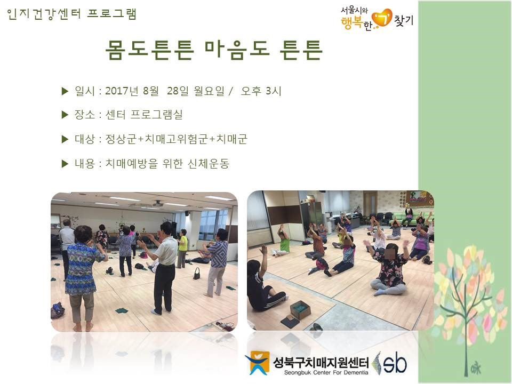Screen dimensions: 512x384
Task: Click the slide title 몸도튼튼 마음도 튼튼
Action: [x=214, y=50]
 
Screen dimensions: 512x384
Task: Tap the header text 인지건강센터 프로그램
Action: [x=71, y=14]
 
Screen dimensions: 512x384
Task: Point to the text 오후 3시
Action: [x=261, y=91]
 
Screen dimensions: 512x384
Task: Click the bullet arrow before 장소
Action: [x=65, y=115]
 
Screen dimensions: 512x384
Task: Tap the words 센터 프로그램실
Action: [x=143, y=115]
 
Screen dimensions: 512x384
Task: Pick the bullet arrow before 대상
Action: [x=65, y=139]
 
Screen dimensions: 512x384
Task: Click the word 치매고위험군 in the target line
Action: [x=177, y=139]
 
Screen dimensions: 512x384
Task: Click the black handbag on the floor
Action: [x=197, y=274]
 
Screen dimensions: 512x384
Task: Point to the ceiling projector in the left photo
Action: [x=158, y=204]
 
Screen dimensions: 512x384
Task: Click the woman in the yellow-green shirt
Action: [x=182, y=248]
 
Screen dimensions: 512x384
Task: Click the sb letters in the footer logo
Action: [x=395, y=363]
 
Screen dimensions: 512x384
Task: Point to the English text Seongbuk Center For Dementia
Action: [x=326, y=373]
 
